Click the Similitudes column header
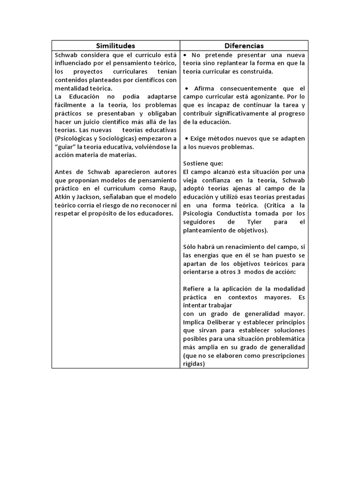tap(115, 45)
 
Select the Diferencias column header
tap(244, 45)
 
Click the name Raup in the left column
tap(167, 188)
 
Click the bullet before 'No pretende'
tap(186, 54)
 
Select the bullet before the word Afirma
tap(187, 88)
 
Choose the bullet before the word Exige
tap(187, 139)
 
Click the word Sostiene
tap(196, 163)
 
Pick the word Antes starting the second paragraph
tap(65, 172)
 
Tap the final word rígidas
tap(194, 364)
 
